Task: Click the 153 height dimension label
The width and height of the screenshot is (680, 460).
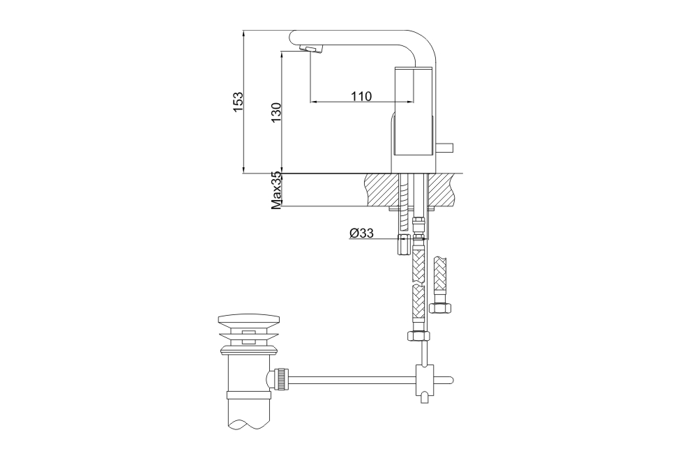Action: coord(239,102)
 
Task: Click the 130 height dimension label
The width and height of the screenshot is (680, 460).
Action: coord(276,113)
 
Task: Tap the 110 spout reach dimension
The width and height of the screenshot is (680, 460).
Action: coord(361,95)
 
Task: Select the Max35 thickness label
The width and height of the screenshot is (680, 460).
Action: coord(277,191)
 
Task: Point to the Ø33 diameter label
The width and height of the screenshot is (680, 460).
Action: coord(361,233)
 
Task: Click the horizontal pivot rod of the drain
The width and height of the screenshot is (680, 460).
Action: coord(352,381)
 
